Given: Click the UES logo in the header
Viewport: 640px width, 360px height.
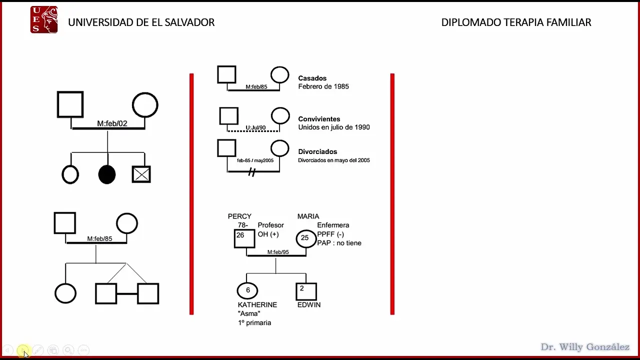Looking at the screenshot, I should click(x=44, y=20).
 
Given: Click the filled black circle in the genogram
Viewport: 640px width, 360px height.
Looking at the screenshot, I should click(x=107, y=174).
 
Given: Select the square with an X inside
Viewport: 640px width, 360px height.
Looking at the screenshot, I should click(x=141, y=174).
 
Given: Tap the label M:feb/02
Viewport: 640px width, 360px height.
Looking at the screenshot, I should click(x=112, y=123).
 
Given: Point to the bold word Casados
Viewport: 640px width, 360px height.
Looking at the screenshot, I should click(x=312, y=78).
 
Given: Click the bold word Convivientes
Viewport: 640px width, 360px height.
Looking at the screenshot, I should click(x=319, y=119).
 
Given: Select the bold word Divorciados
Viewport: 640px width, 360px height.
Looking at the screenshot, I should click(x=317, y=151).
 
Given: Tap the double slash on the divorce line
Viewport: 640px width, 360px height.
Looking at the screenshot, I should click(x=252, y=172).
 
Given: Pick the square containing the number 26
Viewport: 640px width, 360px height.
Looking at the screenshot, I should click(x=244, y=238).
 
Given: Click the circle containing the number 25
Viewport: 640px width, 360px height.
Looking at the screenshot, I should click(x=305, y=238).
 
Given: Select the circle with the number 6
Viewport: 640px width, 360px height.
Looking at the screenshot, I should click(x=247, y=290).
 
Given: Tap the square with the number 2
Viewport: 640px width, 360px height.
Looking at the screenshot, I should click(x=306, y=291).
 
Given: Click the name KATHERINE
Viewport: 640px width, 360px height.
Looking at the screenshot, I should click(x=257, y=304).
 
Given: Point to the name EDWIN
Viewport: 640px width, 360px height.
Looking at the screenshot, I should click(x=309, y=304).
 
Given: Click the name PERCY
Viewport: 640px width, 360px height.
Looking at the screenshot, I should click(x=239, y=216).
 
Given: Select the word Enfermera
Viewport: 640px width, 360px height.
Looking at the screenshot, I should click(x=333, y=225).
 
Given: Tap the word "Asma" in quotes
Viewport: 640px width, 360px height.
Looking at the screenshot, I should click(x=249, y=313).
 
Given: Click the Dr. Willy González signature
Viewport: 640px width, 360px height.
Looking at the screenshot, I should click(x=585, y=347).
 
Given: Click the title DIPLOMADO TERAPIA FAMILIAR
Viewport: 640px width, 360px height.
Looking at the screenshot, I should click(x=516, y=22).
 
